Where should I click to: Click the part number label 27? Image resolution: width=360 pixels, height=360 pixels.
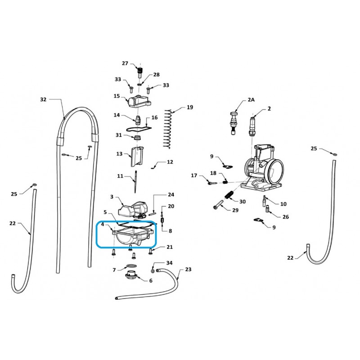125,63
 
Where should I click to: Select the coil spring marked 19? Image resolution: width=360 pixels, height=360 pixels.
168,129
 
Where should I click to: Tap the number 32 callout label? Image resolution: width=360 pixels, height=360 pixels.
43,99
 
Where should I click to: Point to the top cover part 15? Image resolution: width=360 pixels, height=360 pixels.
139,101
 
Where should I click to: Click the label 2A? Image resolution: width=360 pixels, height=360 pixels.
251,99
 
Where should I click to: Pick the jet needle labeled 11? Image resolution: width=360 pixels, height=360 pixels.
136,182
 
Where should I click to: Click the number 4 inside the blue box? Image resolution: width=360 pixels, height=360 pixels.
103,224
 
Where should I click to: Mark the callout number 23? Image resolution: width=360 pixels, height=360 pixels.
188,269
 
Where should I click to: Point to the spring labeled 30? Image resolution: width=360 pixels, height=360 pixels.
229,195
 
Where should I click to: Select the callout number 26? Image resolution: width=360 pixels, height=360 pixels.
286,217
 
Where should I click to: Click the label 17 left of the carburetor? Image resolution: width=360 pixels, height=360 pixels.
194,175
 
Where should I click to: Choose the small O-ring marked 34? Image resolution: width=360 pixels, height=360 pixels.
153,271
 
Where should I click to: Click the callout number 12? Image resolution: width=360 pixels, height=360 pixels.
170,162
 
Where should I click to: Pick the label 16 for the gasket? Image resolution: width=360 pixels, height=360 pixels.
154,117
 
